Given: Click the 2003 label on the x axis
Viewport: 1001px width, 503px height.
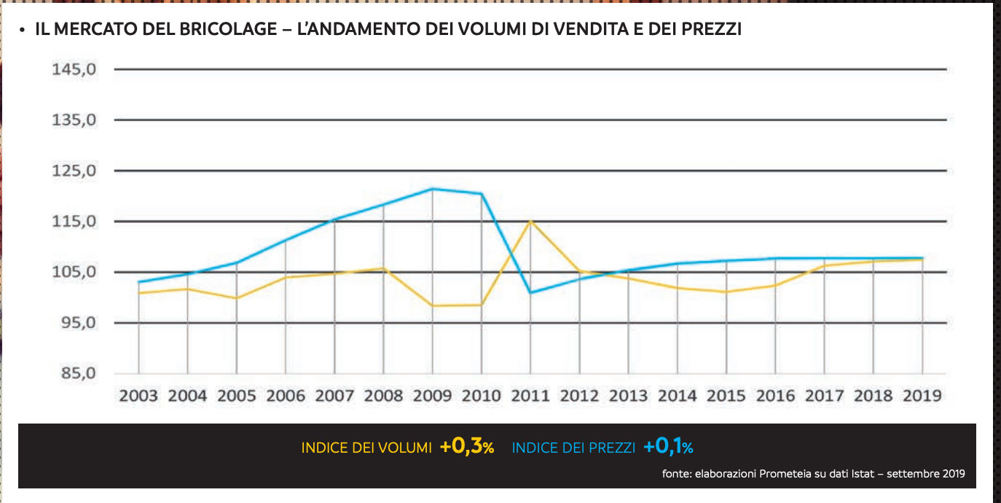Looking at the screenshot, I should coord(138,397).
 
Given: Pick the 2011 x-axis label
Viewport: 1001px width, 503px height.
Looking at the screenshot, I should coord(530,397).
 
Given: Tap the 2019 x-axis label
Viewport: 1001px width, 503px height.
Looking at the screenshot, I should coord(922,397).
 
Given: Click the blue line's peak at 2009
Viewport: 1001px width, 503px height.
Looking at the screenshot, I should coord(433,189).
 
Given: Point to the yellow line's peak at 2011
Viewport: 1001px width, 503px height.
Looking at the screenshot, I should coord(530,220).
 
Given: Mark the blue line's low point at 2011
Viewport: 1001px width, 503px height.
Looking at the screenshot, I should coord(530,292).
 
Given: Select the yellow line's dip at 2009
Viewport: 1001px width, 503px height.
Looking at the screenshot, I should coord(433,305).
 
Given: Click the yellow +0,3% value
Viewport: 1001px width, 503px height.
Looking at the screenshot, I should coord(467,448).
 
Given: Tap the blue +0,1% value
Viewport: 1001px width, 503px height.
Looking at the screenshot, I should coord(668,448).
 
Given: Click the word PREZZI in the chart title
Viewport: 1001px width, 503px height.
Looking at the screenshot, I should coord(709,30).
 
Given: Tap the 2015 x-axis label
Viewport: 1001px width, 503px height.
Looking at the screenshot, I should coord(726,397).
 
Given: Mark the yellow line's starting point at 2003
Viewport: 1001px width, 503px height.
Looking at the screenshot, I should coord(138,293).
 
